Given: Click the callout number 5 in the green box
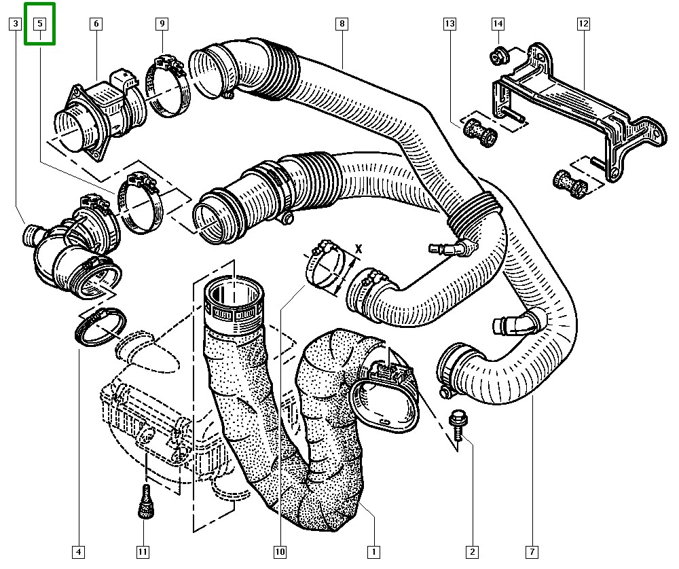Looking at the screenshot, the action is pyautogui.click(x=40, y=23).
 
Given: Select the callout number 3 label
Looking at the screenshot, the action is pyautogui.click(x=16, y=23).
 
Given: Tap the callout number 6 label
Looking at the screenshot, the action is pyautogui.click(x=96, y=23).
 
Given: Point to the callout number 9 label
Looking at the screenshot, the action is pyautogui.click(x=162, y=23).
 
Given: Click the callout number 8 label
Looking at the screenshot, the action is pyautogui.click(x=342, y=23).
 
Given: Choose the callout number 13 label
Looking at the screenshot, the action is pyautogui.click(x=450, y=23).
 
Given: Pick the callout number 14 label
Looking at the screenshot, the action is pyautogui.click(x=498, y=23).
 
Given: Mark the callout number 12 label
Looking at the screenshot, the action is pyautogui.click(x=583, y=23).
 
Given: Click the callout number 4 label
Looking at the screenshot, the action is pyautogui.click(x=78, y=551).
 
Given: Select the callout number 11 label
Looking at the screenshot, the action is pyautogui.click(x=143, y=551).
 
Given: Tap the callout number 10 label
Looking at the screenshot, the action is pyautogui.click(x=280, y=551).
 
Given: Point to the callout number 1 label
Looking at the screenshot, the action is pyautogui.click(x=373, y=551).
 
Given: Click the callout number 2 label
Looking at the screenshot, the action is pyautogui.click(x=472, y=551).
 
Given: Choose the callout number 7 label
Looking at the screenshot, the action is pyautogui.click(x=532, y=551).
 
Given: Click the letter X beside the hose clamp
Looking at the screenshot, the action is pyautogui.click(x=358, y=249).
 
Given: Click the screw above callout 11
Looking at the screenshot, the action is pyautogui.click(x=146, y=501).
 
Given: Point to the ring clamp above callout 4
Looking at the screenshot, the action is pyautogui.click(x=100, y=327).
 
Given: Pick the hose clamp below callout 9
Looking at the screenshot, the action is pyautogui.click(x=168, y=86).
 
